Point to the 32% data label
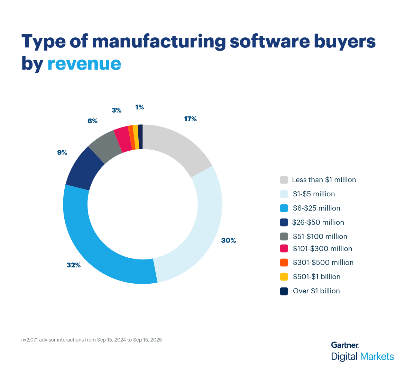point(73,265)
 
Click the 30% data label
point(228,240)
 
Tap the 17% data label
point(190,119)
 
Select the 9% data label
point(62,152)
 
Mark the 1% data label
point(139,107)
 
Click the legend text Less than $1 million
point(324,180)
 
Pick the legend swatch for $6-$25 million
point(284,208)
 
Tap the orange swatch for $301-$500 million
point(284,263)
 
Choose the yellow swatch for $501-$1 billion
point(284,277)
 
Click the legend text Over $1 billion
point(316,291)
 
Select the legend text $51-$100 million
point(320,237)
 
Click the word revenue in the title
point(84,63)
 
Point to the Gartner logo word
point(345,345)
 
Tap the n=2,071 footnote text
point(92,340)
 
